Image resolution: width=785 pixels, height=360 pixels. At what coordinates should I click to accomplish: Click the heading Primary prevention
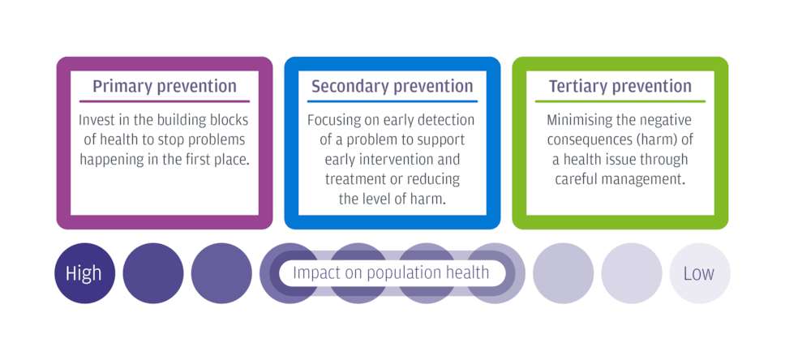tap(165, 86)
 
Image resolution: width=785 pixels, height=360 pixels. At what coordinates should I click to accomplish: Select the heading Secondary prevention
tap(392, 86)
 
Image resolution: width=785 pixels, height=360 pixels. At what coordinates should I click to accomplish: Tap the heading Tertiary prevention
tap(620, 86)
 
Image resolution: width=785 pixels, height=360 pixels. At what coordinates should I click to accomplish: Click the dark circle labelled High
tap(84, 273)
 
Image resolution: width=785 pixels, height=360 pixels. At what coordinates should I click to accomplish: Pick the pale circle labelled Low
tap(699, 273)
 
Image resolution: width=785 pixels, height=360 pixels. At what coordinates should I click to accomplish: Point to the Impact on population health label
tap(391, 273)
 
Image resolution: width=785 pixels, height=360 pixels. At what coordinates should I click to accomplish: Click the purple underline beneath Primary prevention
tap(165, 101)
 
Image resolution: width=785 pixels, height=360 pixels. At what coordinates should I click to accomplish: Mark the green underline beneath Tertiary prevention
tap(620, 101)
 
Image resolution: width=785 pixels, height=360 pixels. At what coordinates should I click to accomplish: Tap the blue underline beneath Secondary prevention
tap(392, 101)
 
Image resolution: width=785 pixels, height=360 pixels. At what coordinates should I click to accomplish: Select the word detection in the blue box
tap(445, 121)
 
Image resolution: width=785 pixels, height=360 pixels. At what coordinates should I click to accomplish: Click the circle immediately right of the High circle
tap(153, 273)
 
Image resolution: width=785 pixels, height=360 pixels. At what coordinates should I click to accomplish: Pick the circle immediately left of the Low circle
tap(631, 273)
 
